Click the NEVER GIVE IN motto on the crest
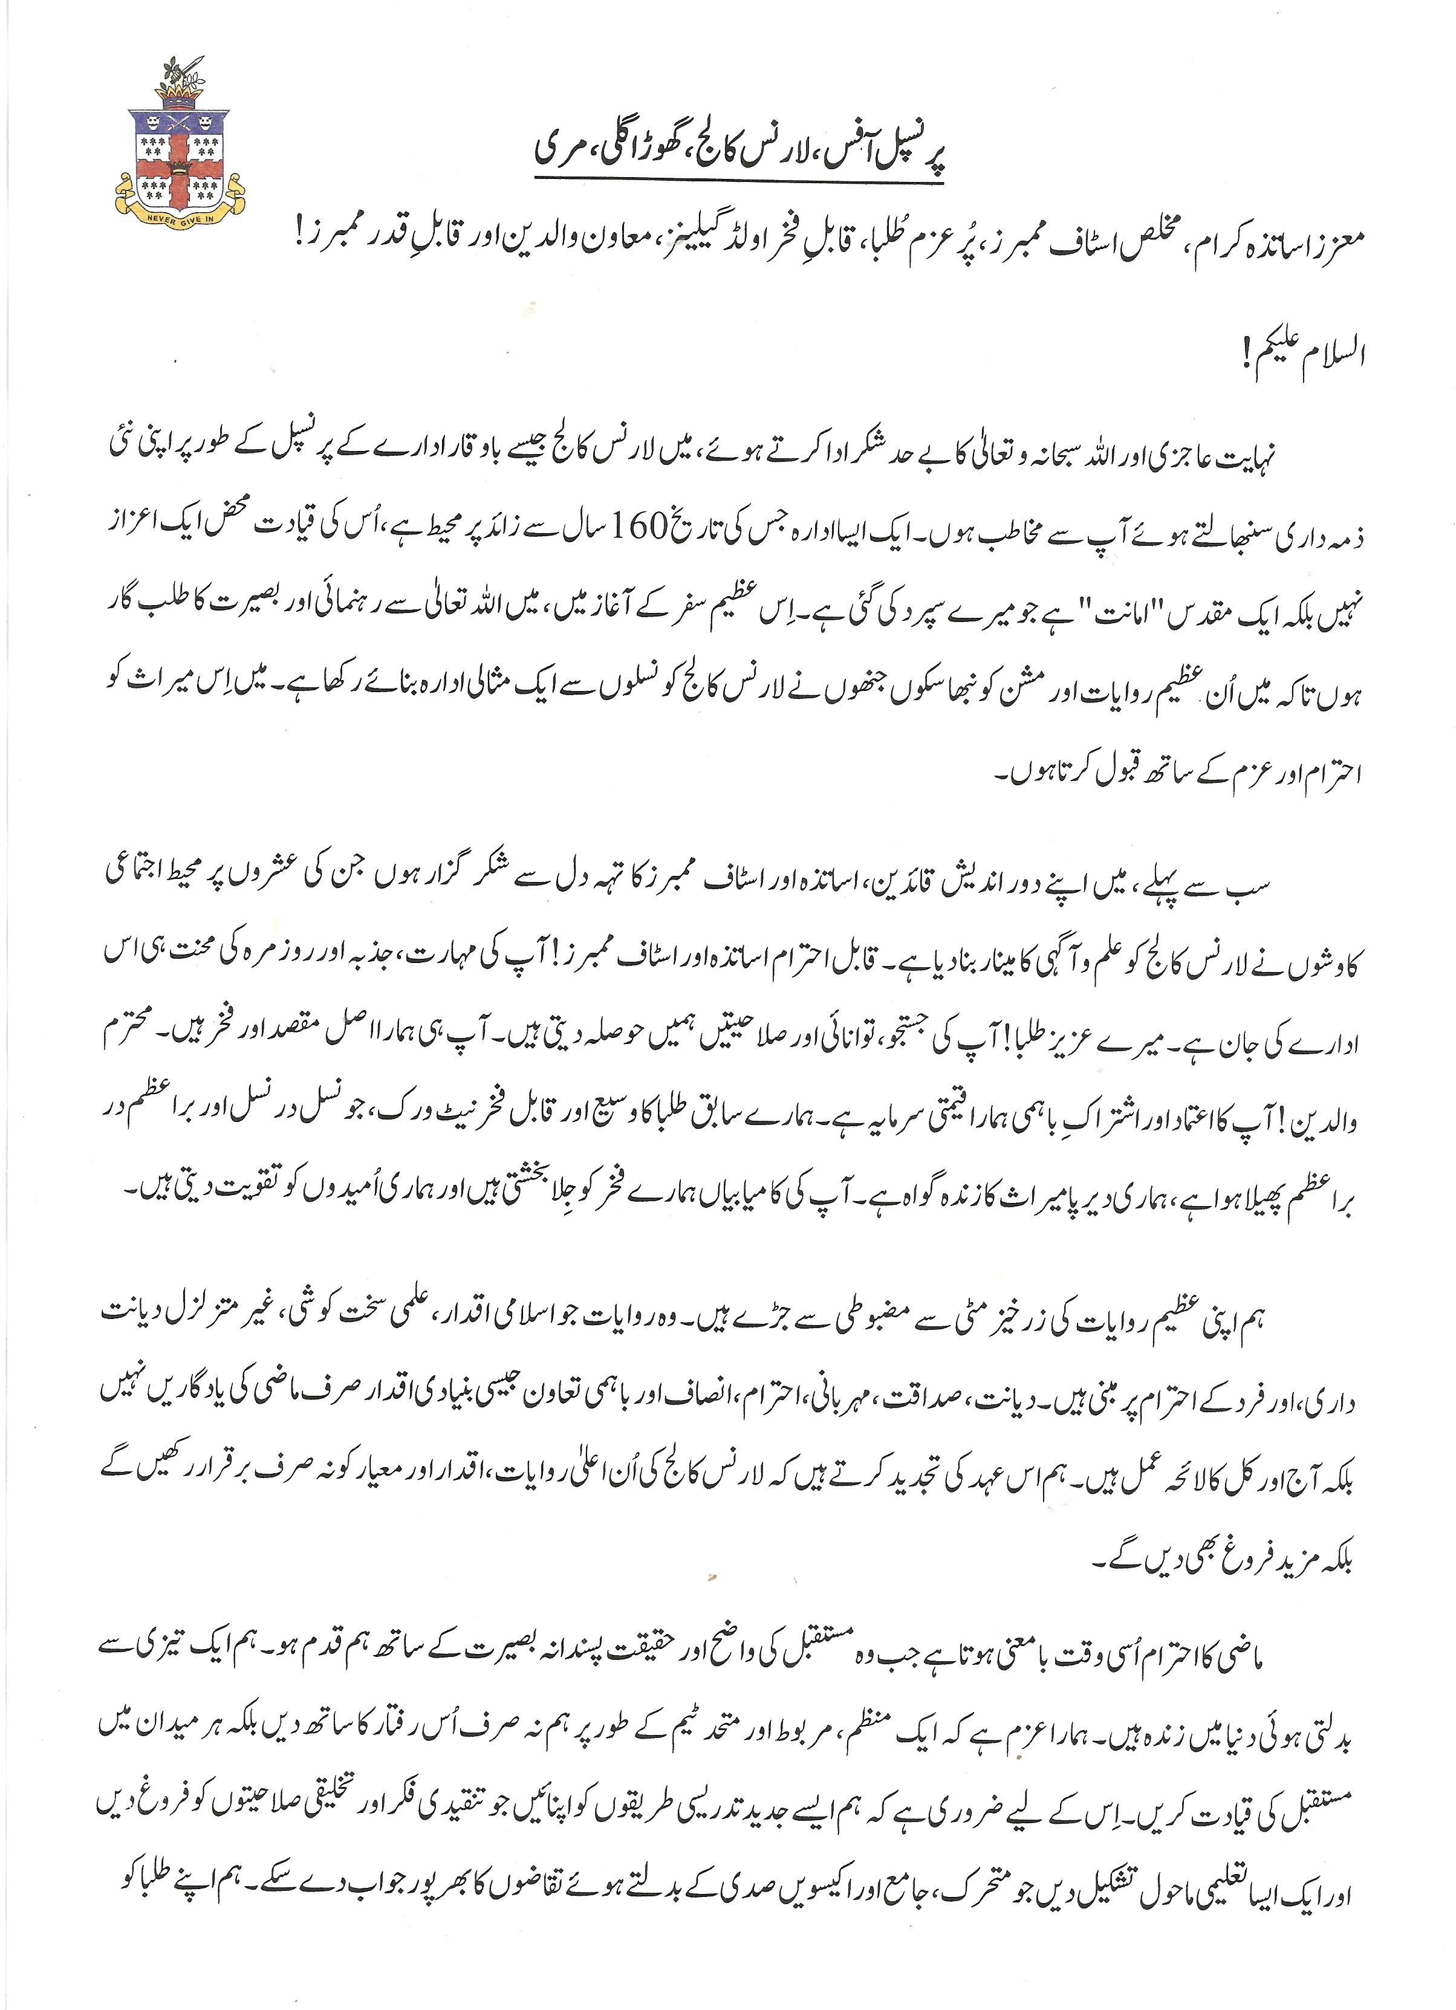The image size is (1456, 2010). (181, 211)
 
